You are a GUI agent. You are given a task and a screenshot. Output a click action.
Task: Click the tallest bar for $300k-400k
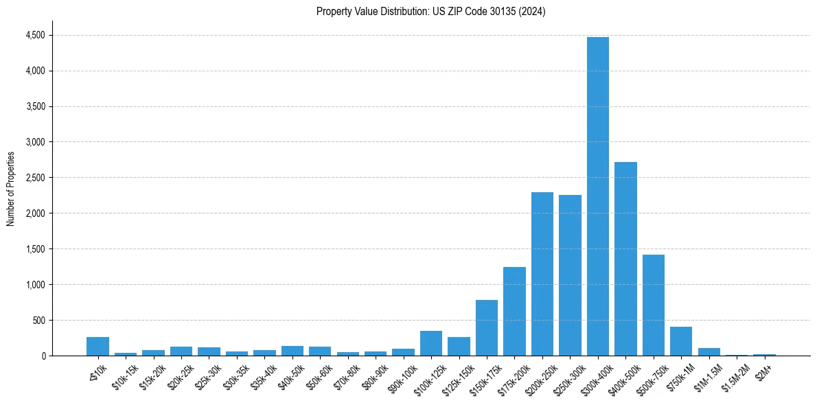[x=597, y=196]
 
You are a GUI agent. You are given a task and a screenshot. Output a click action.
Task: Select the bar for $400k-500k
[x=625, y=259]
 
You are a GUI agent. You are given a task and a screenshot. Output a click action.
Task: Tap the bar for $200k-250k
[x=542, y=274]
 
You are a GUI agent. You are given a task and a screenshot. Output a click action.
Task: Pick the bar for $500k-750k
[x=653, y=305]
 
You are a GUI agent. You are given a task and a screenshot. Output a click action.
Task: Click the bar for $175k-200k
[x=514, y=311]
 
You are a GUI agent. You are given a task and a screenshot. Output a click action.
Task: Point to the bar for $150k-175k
[x=487, y=327]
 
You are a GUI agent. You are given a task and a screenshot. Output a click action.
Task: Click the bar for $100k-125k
[x=431, y=343]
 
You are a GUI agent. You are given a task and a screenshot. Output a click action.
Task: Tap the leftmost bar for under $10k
[x=97, y=346]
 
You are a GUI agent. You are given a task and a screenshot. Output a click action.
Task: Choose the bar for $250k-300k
[x=570, y=275]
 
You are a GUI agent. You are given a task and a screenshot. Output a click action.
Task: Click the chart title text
[x=430, y=12]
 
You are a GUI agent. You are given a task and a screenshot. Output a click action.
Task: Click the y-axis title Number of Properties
[x=11, y=189]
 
